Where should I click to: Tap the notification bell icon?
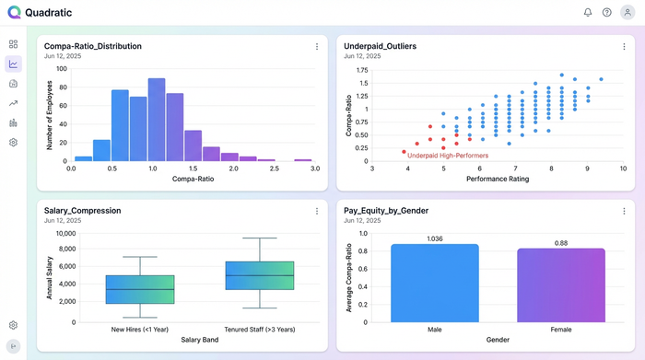pyautogui.click(x=588, y=12)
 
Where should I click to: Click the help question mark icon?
pyautogui.click(x=607, y=12)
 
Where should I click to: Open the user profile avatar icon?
pyautogui.click(x=627, y=12)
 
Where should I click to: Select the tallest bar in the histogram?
pyautogui.click(x=156, y=119)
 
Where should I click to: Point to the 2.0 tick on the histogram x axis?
pyautogui.click(x=234, y=168)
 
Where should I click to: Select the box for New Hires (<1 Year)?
pyautogui.click(x=140, y=289)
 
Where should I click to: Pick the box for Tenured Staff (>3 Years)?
pyautogui.click(x=259, y=275)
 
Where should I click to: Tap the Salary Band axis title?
pyautogui.click(x=200, y=340)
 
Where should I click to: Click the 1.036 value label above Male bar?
pyautogui.click(x=435, y=238)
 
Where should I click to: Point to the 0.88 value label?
pyautogui.click(x=561, y=243)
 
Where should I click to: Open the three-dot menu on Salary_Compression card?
pyautogui.click(x=317, y=211)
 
